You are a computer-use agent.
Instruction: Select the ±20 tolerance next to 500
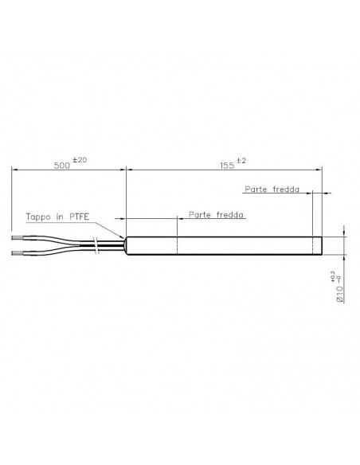[80, 160]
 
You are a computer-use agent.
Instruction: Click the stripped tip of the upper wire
[19, 236]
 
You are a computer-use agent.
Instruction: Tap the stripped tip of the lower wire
[19, 254]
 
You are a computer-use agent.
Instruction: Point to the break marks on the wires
[96, 244]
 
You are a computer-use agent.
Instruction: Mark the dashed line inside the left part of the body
[177, 245]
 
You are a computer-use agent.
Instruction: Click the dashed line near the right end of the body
[312, 245]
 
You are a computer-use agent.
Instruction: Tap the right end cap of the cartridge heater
[321, 245]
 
